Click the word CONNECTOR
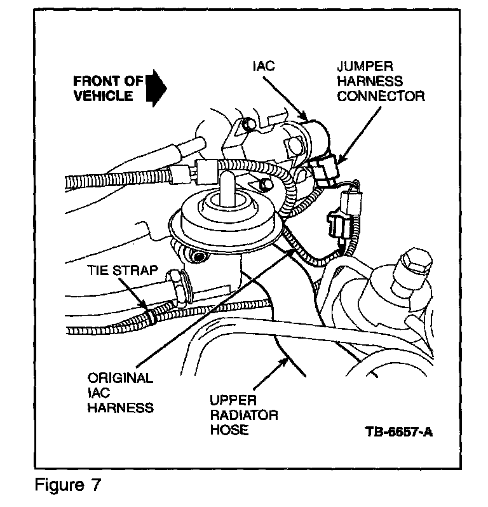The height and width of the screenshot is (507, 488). click(x=381, y=97)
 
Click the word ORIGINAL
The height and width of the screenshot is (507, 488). click(x=120, y=378)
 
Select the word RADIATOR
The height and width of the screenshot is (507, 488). click(x=244, y=416)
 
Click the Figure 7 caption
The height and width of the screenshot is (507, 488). click(x=67, y=485)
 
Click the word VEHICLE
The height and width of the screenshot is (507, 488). click(x=103, y=96)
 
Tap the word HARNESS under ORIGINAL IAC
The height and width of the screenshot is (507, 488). click(x=121, y=407)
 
